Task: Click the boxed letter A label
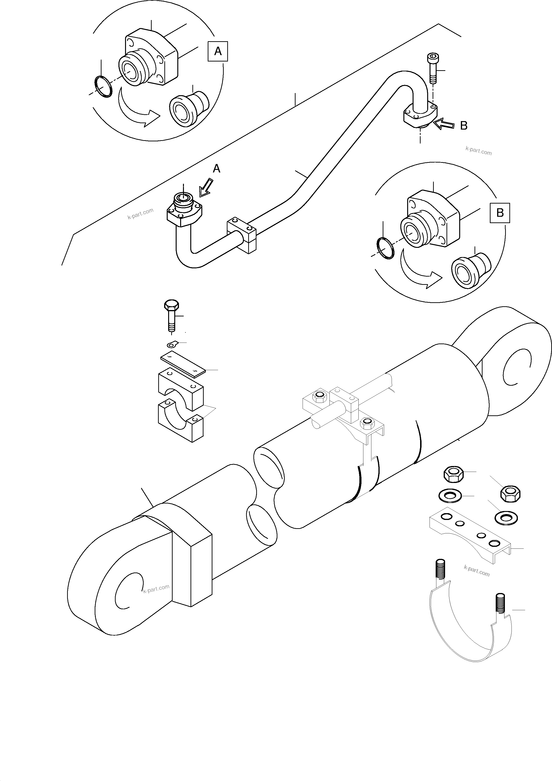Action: (x=218, y=51)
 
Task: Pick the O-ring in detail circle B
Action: (x=386, y=248)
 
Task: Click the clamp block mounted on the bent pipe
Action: (x=242, y=235)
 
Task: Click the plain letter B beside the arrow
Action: (x=463, y=126)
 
